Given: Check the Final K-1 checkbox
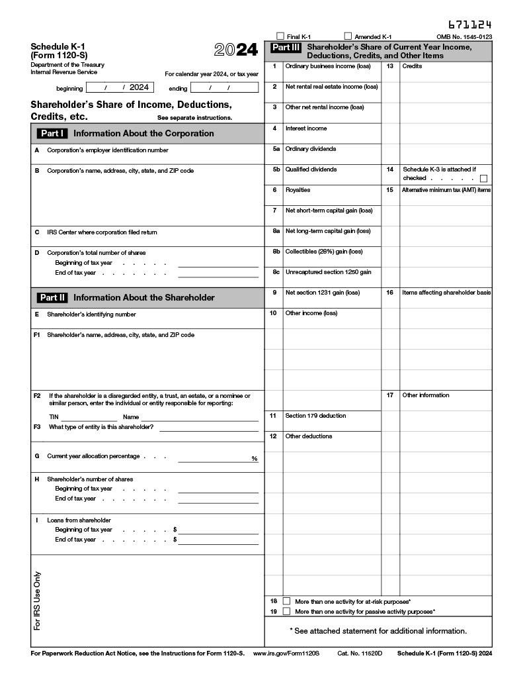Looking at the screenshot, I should [x=280, y=36].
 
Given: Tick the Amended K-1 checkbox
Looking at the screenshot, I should [x=348, y=36].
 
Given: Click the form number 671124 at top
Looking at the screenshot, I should [x=470, y=24].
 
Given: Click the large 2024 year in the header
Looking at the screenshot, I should [x=236, y=50].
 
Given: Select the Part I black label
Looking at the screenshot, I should [x=52, y=133].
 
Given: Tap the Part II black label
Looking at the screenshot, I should [x=52, y=297].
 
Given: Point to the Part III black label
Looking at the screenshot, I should [x=286, y=48].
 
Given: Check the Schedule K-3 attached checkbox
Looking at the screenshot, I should [x=484, y=178].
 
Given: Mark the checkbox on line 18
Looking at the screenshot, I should [x=286, y=601].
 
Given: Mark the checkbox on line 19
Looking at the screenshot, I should [x=286, y=611].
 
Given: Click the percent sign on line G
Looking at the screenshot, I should [x=254, y=458].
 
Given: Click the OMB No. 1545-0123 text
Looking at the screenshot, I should [x=464, y=37].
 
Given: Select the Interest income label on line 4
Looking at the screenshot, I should [x=305, y=128].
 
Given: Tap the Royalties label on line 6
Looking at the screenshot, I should [x=298, y=190].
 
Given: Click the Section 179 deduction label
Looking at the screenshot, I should [x=315, y=416].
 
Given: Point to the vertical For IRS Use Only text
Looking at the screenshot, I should [x=37, y=600].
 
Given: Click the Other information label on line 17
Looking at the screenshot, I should [x=425, y=395].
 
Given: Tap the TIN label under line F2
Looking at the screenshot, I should [x=54, y=417].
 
